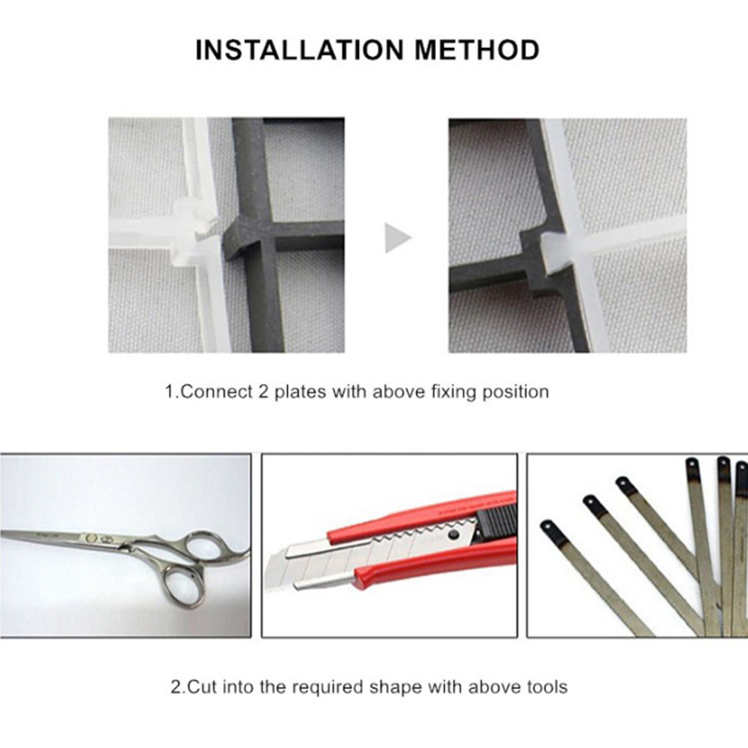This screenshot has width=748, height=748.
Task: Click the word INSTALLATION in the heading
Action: [299, 50]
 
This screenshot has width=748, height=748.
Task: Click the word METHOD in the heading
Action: [477, 50]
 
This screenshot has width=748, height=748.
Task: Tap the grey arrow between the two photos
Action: [398, 237]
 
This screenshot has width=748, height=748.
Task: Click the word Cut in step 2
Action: [203, 687]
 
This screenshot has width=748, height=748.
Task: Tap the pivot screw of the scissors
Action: [91, 539]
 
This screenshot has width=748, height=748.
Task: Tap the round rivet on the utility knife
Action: [453, 535]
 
